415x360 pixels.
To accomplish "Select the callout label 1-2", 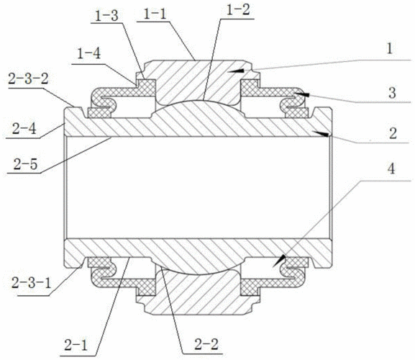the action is [238, 10].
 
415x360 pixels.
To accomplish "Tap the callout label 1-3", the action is [106, 16].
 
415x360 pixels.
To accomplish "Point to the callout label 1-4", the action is [88, 54].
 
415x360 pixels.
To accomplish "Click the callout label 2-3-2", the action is [29, 78].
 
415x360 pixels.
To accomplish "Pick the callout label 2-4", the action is [24, 130].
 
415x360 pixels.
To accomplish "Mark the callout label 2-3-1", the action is [31, 283].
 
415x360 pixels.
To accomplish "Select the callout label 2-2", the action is [206, 344].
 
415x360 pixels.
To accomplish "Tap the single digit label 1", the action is [389, 49].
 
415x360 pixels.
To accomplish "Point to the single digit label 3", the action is [393, 94].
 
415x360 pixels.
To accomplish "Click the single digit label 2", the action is [393, 134].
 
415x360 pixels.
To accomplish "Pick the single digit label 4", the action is [391, 168].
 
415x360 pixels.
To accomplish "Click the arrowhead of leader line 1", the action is [236, 71].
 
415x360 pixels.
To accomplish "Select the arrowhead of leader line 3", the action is [301, 94].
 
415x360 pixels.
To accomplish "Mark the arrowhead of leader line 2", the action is [321, 133].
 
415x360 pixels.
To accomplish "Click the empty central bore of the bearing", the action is [198, 187].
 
